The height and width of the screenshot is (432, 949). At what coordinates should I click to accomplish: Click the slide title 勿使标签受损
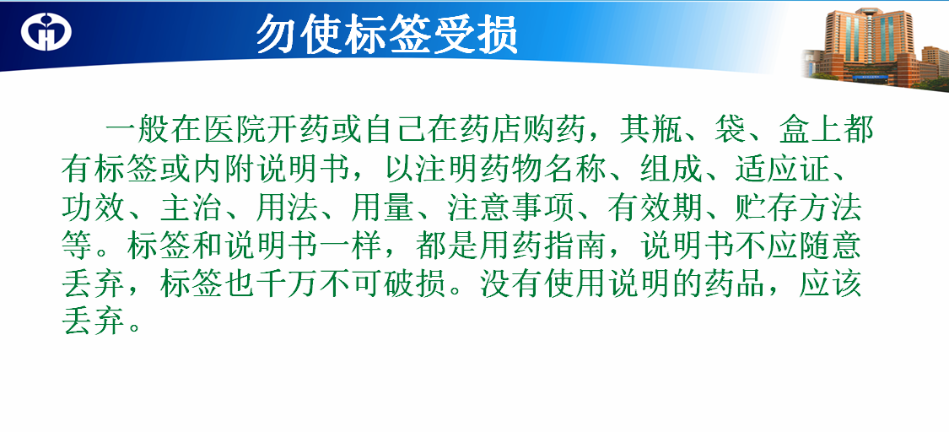pyautogui.click(x=387, y=34)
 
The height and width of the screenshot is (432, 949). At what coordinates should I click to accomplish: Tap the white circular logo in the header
pyautogui.click(x=46, y=31)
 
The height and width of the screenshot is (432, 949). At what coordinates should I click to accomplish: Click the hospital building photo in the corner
pyautogui.click(x=876, y=48)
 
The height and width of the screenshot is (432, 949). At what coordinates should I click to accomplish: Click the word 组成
pyautogui.click(x=671, y=170)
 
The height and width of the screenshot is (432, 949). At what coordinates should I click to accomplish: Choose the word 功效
pyautogui.click(x=93, y=208)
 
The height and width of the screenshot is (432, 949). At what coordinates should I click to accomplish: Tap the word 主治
pyautogui.click(x=190, y=208)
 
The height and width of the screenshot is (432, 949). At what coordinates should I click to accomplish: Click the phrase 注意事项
pyautogui.click(x=511, y=208)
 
